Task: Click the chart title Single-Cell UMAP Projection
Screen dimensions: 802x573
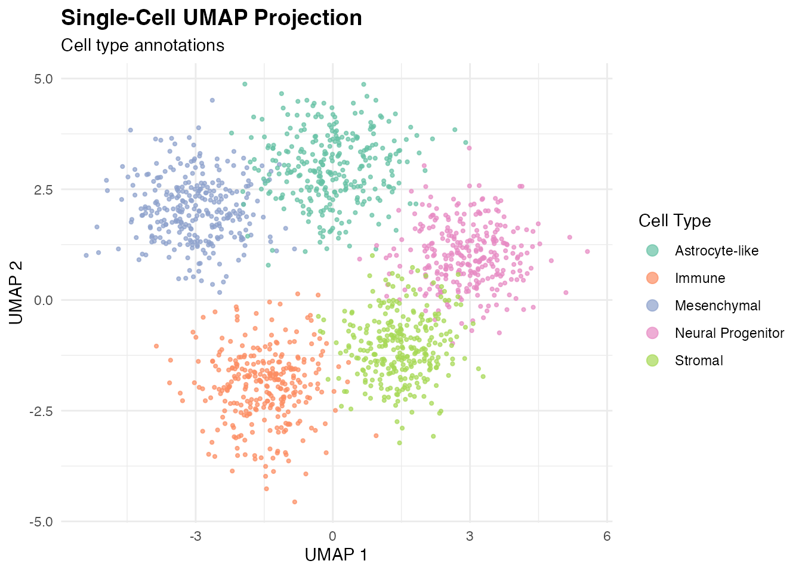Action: click(x=212, y=18)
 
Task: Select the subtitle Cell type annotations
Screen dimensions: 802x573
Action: click(x=143, y=45)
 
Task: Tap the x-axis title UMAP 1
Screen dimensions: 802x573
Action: click(x=336, y=554)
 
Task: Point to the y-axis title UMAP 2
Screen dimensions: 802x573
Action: click(x=16, y=292)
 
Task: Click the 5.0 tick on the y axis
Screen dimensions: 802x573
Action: click(x=44, y=79)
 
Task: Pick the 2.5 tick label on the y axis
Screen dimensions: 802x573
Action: click(x=44, y=189)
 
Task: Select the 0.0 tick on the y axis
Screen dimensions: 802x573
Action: click(x=44, y=300)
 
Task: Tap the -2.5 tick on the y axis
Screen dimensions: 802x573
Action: click(x=41, y=411)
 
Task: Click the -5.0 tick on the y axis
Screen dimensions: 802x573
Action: click(x=41, y=522)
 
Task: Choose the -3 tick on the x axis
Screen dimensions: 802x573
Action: click(x=195, y=536)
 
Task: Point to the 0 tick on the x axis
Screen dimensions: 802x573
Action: click(x=332, y=536)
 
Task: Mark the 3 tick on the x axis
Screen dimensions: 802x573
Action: click(x=470, y=536)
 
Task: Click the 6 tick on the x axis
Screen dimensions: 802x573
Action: click(x=607, y=536)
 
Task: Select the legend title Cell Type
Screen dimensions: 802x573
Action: click(x=674, y=221)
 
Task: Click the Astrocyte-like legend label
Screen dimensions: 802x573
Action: click(x=717, y=251)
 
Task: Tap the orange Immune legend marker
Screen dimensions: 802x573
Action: click(x=653, y=278)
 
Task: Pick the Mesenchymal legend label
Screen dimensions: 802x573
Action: click(x=718, y=306)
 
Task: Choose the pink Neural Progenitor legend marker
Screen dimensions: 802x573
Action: click(x=653, y=333)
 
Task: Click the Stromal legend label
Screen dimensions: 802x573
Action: click(x=699, y=361)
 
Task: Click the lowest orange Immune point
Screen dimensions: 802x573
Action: click(x=295, y=502)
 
